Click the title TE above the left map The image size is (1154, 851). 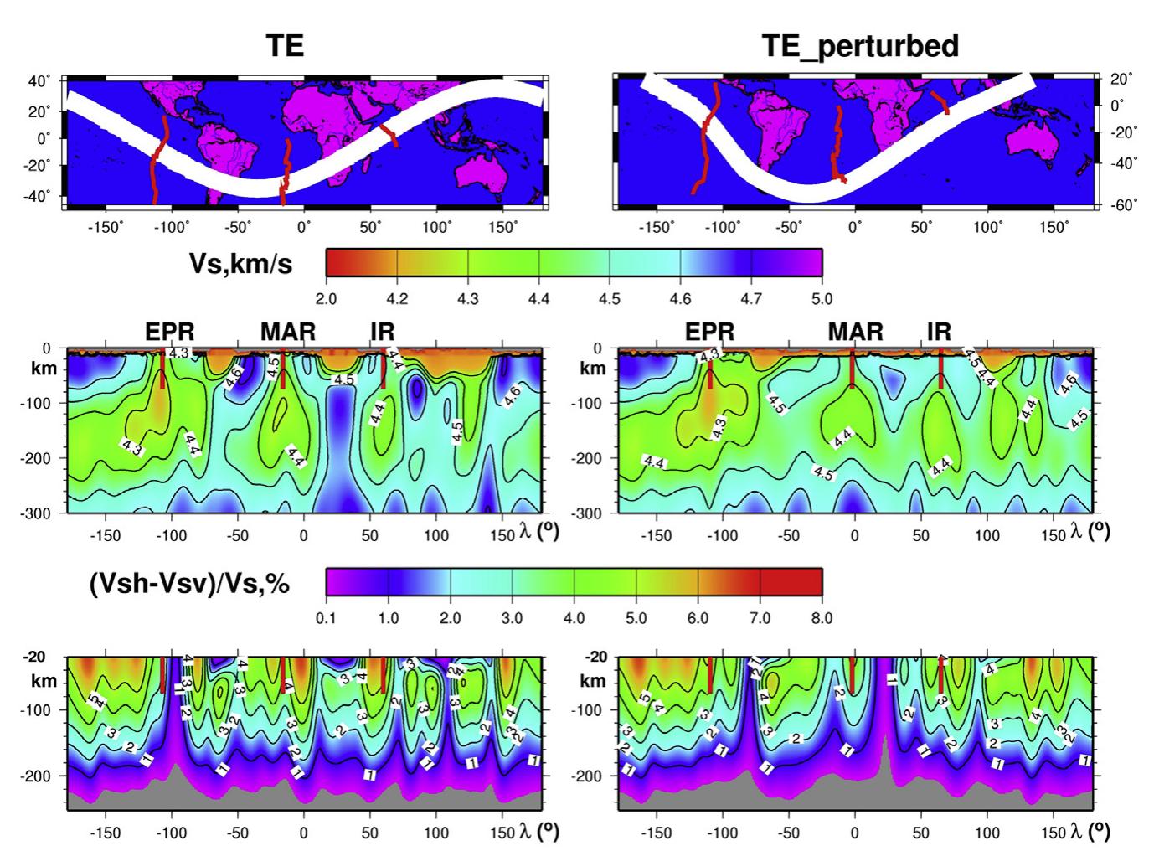(285, 45)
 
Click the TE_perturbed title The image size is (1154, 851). (860, 45)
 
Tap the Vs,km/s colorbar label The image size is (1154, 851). (242, 264)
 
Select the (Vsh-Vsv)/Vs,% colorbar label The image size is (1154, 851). (189, 583)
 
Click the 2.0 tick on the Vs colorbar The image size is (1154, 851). (326, 299)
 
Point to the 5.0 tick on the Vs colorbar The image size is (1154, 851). (822, 299)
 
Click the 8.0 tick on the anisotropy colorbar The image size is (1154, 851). (822, 618)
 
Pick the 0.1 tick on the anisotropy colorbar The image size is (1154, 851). (326, 618)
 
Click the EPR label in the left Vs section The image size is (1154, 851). (170, 333)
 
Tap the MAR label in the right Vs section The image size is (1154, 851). (856, 333)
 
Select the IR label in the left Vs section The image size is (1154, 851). (383, 333)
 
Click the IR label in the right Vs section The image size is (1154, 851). (939, 333)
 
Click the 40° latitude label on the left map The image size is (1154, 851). (39, 81)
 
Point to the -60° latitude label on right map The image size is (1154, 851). (1121, 204)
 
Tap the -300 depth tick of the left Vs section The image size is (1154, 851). (35, 512)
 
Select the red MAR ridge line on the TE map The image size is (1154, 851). (286, 172)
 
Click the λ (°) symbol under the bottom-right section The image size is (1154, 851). (1089, 831)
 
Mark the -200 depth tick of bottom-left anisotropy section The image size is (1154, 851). (35, 776)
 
